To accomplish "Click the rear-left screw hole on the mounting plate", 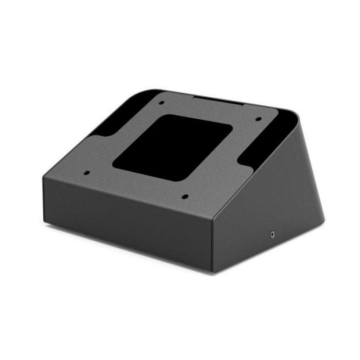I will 161,103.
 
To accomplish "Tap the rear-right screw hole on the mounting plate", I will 258,119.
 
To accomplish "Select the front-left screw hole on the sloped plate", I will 86,172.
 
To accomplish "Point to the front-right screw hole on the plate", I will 184,196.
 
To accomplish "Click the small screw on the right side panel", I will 272,234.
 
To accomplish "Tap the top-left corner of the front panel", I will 44,176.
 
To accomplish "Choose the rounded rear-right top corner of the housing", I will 295,112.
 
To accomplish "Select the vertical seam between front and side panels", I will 212,243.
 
